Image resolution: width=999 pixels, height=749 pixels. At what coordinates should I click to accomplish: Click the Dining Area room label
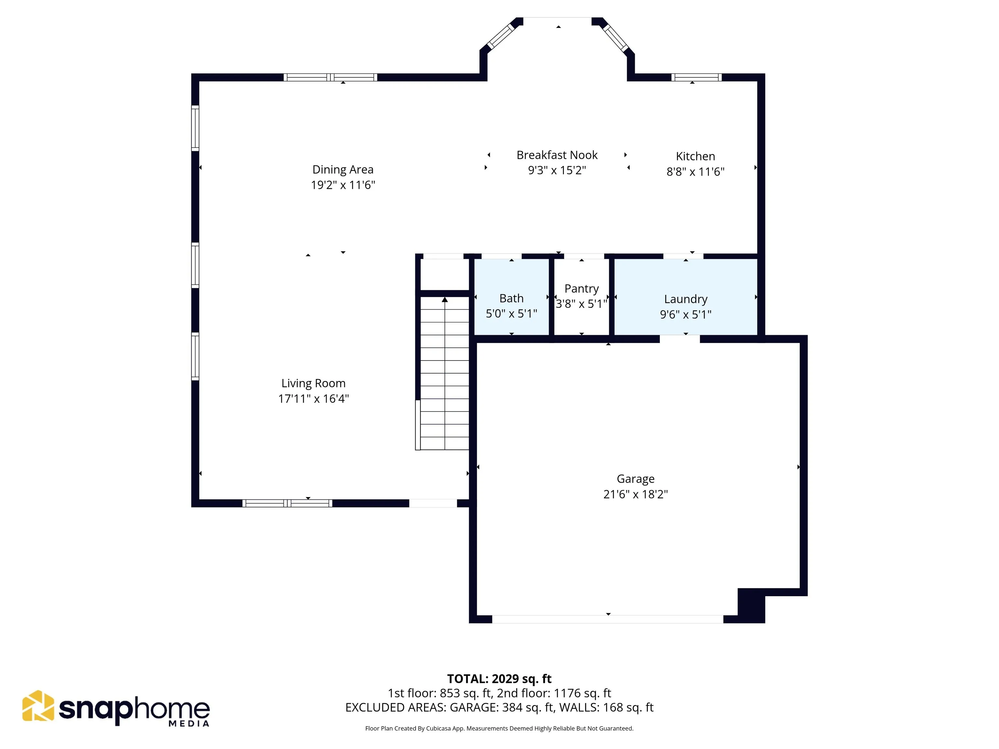(x=343, y=169)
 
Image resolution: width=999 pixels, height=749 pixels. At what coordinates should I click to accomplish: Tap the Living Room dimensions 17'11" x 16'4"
(x=313, y=399)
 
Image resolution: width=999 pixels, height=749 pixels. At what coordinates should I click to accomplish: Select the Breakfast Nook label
(x=557, y=155)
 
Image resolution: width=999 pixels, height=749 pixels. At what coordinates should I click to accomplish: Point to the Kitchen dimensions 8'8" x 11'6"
(x=696, y=172)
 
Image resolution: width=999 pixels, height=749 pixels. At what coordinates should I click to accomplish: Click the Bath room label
(x=511, y=298)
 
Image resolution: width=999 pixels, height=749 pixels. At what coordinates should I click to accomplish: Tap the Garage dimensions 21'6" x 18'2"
(x=635, y=494)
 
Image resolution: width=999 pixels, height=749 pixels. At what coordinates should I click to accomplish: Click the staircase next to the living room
(x=445, y=373)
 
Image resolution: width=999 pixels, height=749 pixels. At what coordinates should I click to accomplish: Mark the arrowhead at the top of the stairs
(x=445, y=299)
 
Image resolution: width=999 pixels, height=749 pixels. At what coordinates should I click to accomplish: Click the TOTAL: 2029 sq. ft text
(x=499, y=678)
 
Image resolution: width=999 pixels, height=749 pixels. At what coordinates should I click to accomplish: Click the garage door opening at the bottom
(x=607, y=619)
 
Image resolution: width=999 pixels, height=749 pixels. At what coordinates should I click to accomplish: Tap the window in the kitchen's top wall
(x=696, y=77)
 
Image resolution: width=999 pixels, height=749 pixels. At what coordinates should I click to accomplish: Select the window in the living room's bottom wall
(x=287, y=503)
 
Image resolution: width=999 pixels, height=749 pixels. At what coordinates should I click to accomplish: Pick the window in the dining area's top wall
(x=330, y=77)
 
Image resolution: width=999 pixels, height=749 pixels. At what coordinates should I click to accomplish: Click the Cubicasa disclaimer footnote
(x=499, y=728)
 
